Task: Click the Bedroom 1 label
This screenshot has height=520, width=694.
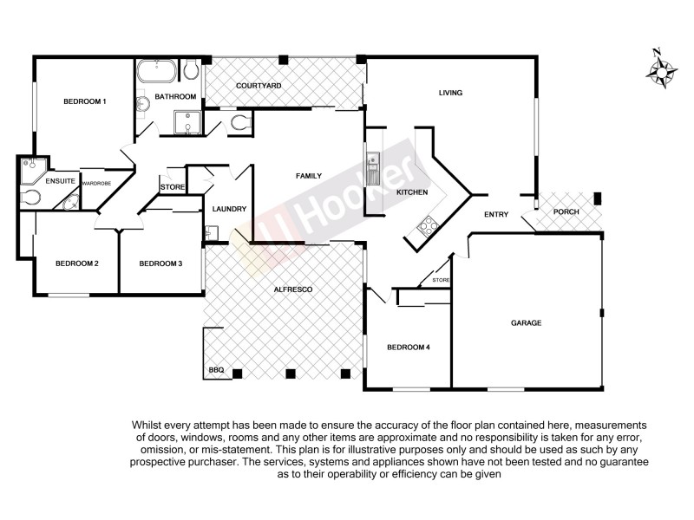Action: point(85,102)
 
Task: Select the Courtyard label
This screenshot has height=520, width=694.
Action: point(259,87)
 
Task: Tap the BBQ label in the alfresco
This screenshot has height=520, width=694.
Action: point(217,371)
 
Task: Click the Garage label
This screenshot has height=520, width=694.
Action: point(526,322)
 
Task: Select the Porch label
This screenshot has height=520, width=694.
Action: point(566,212)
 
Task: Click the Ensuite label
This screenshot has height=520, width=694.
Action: point(61,181)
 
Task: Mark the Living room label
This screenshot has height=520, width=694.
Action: point(450,93)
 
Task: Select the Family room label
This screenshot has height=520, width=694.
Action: point(309,176)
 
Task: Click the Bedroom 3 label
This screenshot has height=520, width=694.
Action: point(160,263)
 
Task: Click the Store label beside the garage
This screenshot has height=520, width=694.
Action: point(441,280)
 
